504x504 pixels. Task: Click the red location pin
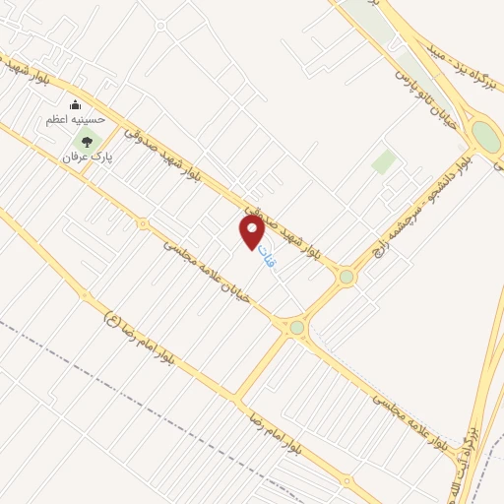(252, 231)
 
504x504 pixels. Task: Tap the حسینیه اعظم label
(72, 120)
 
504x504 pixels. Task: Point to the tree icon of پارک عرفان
(87, 142)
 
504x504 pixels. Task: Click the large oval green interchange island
(484, 135)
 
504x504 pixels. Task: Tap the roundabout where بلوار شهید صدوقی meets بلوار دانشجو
(346, 278)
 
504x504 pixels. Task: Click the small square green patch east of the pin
(384, 162)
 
